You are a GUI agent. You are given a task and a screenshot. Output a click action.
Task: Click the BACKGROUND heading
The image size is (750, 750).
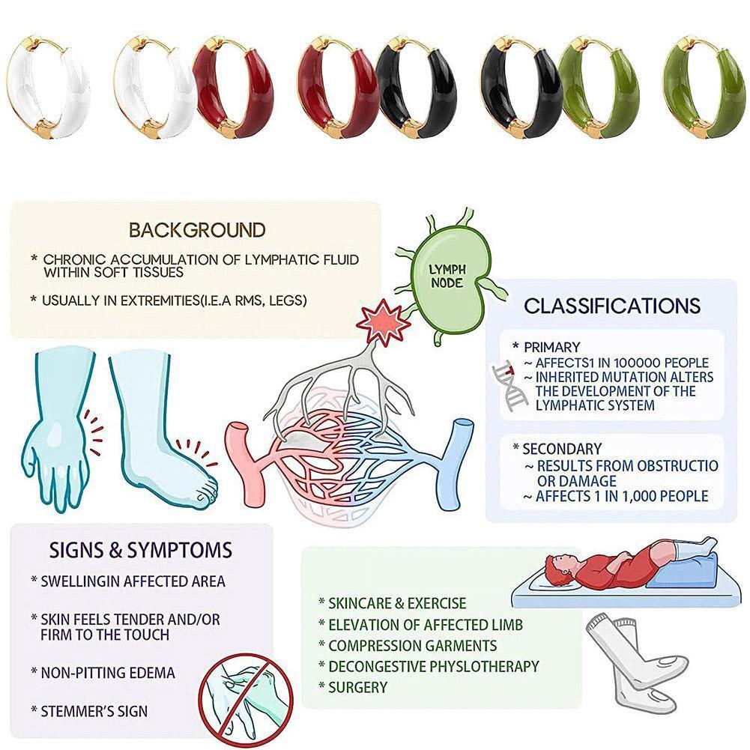tap(197, 229)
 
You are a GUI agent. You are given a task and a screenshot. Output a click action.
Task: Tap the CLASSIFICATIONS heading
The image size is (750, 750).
tap(612, 306)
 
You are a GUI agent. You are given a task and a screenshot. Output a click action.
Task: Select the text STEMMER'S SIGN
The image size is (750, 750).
tap(94, 710)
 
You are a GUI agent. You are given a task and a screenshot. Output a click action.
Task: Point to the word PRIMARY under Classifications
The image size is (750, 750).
tap(551, 348)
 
